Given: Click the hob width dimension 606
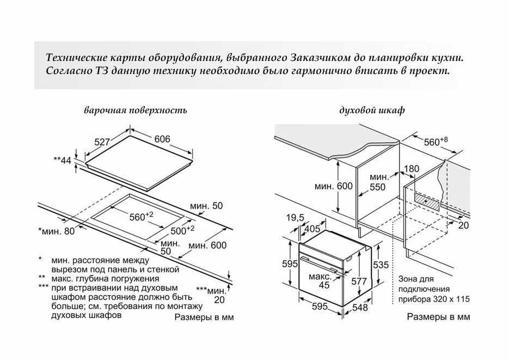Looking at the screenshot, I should click(162, 139).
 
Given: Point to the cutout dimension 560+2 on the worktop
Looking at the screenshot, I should click(141, 217).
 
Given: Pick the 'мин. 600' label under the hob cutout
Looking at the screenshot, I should click(207, 246).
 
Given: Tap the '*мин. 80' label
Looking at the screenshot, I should click(57, 231).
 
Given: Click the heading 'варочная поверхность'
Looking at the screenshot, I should click(136, 111).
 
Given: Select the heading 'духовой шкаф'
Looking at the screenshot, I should click(372, 111).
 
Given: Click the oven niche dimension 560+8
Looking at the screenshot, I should click(436, 142).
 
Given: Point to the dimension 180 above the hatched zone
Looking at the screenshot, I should click(412, 169).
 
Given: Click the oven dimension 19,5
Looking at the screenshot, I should click(295, 217).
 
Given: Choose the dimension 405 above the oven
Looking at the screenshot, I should click(312, 229).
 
